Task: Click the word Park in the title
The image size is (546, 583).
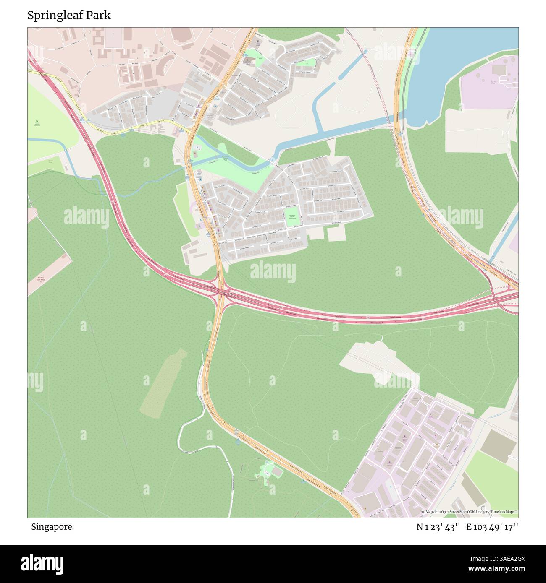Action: [99, 16]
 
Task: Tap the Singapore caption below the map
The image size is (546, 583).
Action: [51, 527]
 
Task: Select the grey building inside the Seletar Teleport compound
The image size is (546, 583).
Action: [499, 69]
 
